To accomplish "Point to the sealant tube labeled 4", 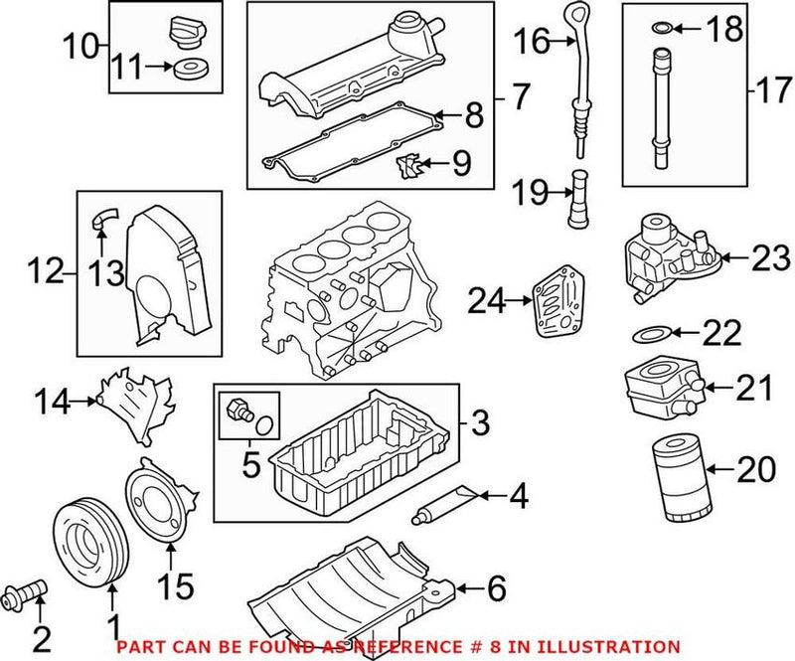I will (x=443, y=503).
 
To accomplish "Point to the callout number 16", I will (x=532, y=41).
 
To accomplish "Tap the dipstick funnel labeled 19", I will (x=578, y=200).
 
